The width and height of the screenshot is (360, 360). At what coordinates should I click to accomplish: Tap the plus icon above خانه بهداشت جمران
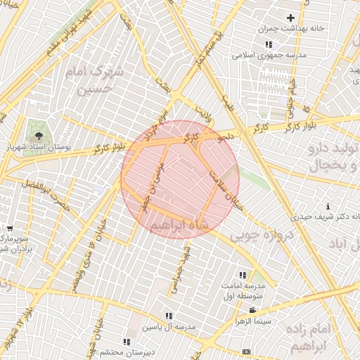coord(290,17)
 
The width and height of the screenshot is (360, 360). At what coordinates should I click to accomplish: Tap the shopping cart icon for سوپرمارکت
coord(10,228)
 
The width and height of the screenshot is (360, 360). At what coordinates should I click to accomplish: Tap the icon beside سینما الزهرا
coord(252,310)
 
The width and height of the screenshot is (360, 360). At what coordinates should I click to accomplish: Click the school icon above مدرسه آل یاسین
coord(169,316)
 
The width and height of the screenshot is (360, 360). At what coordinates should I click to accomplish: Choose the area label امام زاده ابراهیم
coord(319,338)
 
